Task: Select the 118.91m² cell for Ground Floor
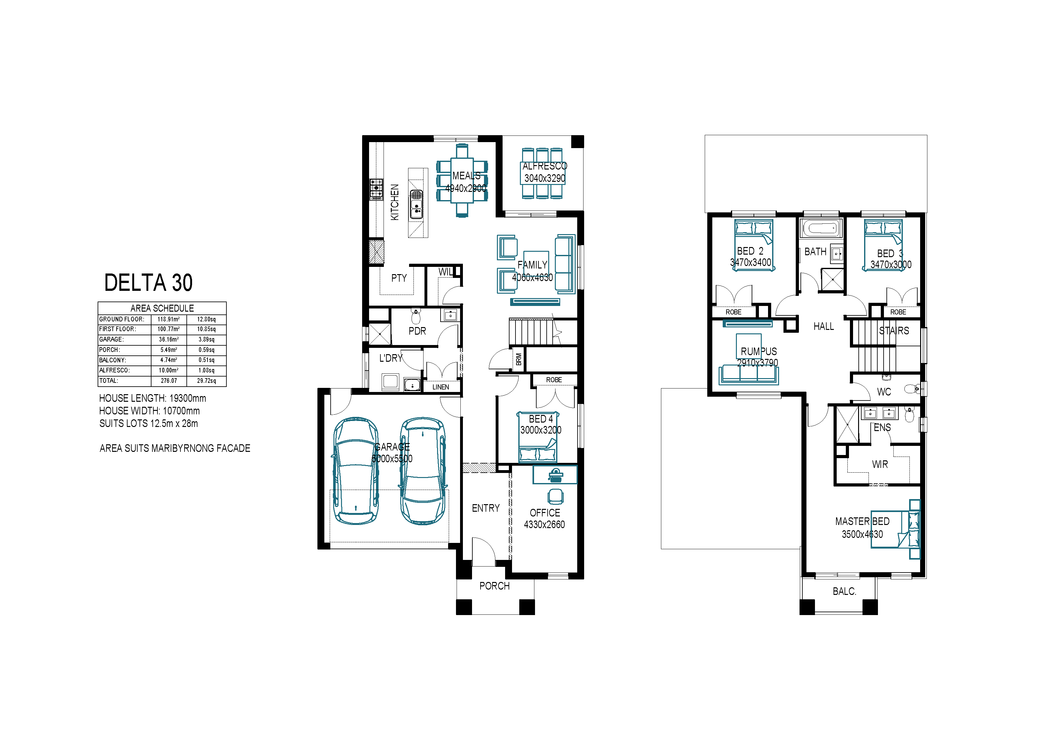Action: point(168,319)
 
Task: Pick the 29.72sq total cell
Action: point(207,381)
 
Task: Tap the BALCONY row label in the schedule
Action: point(112,360)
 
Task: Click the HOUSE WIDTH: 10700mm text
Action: point(149,411)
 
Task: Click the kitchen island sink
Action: point(416,204)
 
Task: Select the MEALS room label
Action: point(466,176)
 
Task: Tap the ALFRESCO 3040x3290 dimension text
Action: point(544,178)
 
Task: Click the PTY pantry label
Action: point(399,278)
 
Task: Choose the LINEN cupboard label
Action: point(441,387)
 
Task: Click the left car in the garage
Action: point(356,471)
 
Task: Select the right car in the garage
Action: point(423,471)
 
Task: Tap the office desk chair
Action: point(555,496)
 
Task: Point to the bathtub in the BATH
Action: point(821,228)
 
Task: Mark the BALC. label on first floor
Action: point(844,591)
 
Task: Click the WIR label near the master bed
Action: point(880,464)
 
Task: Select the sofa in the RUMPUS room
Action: point(749,374)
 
